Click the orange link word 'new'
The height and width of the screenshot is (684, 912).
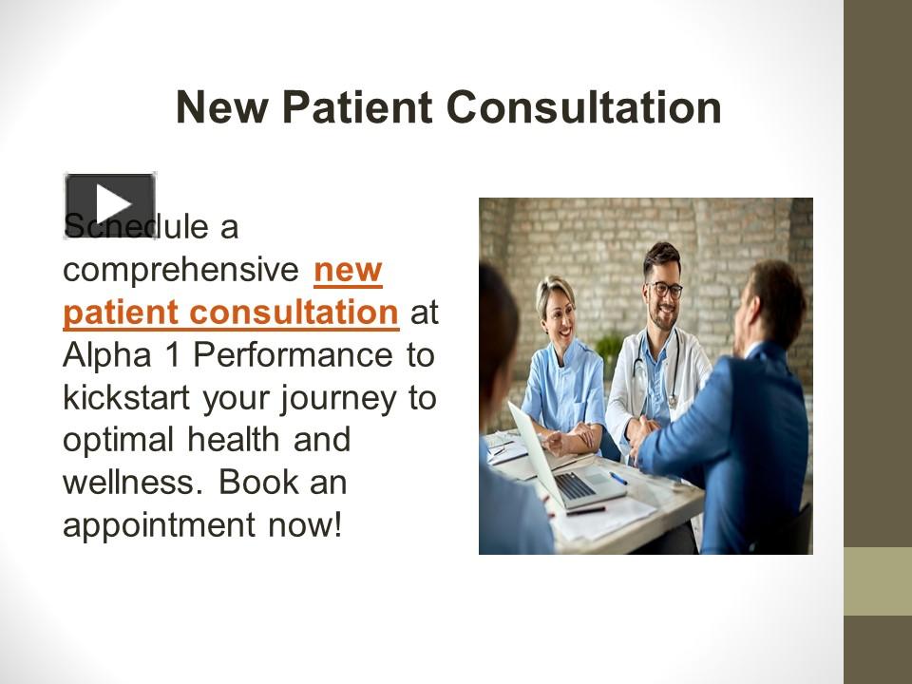pos(348,270)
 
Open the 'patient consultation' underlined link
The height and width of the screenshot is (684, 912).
pos(230,312)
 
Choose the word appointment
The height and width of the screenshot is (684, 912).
pos(154,524)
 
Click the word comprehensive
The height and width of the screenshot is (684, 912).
pos(181,270)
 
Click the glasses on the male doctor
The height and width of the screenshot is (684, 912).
pos(666,289)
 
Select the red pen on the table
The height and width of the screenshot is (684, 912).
pos(585,510)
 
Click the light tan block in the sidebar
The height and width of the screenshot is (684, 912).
pos(878,580)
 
